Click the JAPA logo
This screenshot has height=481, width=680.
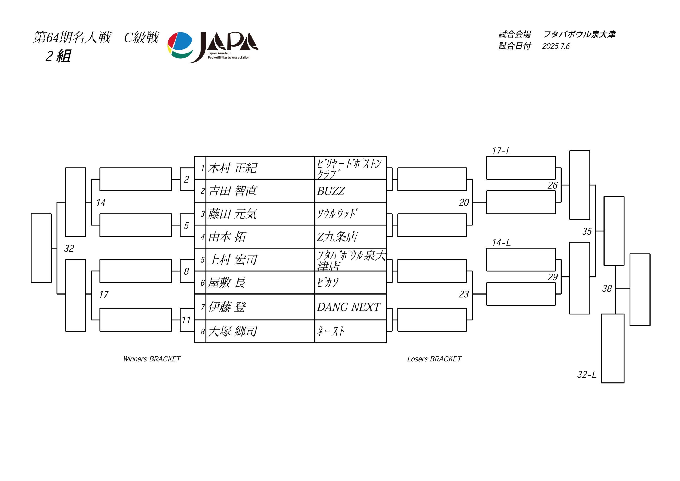213,47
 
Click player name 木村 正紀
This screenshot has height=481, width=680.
232,168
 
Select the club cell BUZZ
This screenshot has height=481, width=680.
331,191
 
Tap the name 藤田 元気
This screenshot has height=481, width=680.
232,214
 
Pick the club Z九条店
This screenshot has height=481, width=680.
337,237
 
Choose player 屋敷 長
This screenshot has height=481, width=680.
227,283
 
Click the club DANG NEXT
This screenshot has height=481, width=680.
348,307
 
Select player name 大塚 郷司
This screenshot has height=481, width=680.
232,331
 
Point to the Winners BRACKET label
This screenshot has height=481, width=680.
152,359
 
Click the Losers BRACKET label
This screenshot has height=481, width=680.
434,359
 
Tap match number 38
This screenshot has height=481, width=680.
607,288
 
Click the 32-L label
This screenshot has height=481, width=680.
587,375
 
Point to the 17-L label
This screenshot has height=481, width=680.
501,151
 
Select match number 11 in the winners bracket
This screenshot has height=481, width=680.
186,320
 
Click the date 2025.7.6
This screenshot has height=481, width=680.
556,46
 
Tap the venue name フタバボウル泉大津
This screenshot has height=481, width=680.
579,34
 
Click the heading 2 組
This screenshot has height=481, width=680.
58,56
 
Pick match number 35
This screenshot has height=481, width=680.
587,231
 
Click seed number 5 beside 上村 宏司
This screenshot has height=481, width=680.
203,260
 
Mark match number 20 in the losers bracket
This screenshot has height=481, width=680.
464,203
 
